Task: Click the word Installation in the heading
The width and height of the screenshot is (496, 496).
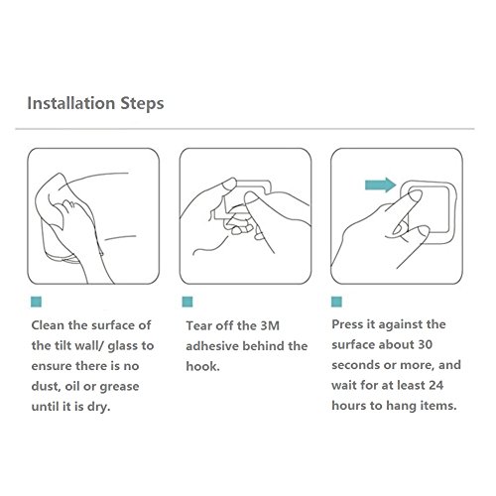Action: coord(71,103)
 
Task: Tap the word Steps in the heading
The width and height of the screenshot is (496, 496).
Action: coord(142,104)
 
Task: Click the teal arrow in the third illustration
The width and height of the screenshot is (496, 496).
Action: coord(380,185)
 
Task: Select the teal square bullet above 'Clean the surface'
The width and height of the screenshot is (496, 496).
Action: coord(36,302)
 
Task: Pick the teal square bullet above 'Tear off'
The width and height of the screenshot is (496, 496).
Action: coord(187,302)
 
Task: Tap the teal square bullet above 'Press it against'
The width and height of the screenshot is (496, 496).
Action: coord(336,302)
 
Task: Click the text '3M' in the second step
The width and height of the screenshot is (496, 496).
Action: coord(270,326)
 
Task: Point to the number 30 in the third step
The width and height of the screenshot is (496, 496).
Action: coord(425,345)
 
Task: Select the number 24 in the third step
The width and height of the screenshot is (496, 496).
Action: coord(436,386)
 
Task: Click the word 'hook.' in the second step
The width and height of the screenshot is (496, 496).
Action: coord(202,366)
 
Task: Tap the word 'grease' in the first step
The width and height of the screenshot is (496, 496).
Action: coord(119,388)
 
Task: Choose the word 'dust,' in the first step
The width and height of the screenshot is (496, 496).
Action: coord(46,387)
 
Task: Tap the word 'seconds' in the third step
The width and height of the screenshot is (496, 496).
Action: coord(355,365)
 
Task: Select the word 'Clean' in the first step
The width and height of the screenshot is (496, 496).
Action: coord(48,325)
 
